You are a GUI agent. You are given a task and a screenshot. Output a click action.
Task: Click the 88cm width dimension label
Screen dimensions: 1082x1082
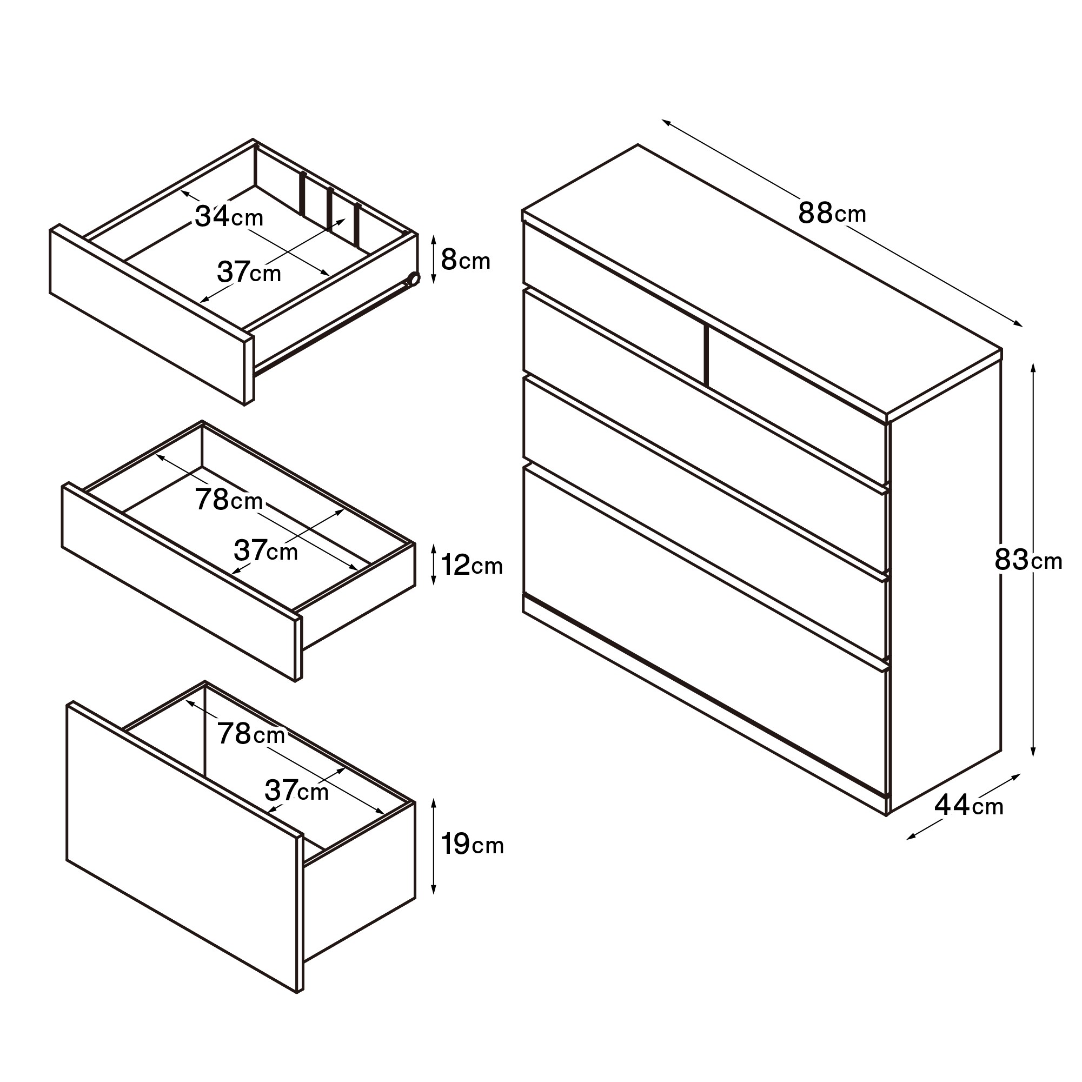click(832, 214)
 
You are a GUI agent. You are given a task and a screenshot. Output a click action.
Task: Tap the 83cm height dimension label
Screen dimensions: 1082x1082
click(1028, 560)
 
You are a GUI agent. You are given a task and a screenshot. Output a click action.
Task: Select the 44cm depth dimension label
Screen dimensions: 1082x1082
click(969, 805)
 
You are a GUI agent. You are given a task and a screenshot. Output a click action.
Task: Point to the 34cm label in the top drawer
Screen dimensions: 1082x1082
click(229, 216)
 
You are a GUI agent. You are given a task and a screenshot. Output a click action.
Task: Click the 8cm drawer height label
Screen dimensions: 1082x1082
click(466, 260)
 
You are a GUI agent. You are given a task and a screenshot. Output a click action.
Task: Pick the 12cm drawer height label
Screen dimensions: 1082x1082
click(472, 565)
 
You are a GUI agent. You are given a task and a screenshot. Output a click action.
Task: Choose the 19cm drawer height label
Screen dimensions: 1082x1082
click(472, 844)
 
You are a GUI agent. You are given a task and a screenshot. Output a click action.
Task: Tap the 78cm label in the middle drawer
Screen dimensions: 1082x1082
click(229, 500)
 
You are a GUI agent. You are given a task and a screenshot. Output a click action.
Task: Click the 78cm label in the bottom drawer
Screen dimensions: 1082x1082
click(251, 733)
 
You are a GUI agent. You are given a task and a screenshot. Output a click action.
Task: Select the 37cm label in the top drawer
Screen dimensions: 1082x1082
click(249, 272)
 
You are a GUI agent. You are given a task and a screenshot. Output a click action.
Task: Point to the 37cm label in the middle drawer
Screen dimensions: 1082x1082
click(265, 550)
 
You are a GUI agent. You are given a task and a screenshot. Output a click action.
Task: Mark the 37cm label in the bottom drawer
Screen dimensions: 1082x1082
click(296, 790)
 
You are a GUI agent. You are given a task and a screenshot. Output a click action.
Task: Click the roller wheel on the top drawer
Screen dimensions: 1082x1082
click(414, 279)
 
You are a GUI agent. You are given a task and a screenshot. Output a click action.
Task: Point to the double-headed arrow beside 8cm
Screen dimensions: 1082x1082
click(434, 260)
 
